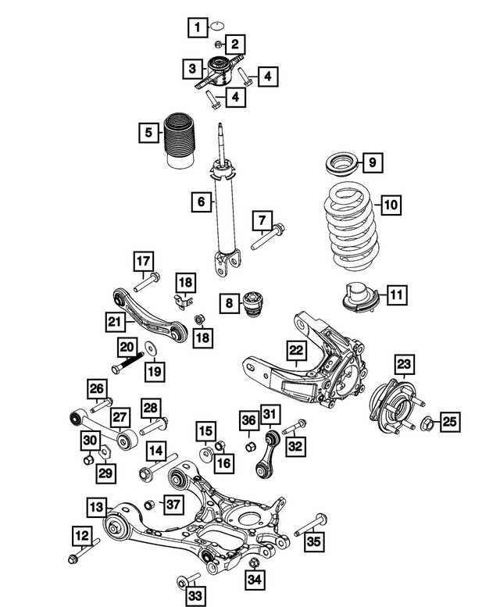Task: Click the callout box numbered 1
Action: (198, 29)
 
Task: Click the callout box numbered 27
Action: (119, 420)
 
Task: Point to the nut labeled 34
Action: (253, 562)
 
